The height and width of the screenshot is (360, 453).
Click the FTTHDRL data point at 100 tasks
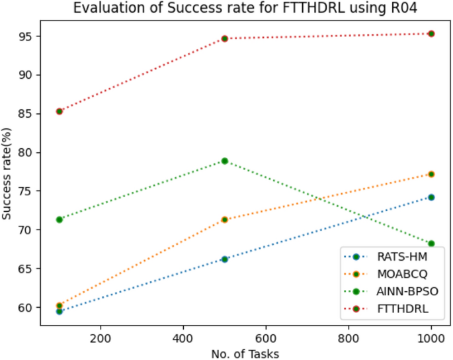(59, 111)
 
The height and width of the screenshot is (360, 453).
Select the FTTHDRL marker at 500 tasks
(225, 38)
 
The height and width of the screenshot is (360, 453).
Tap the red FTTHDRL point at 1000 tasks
(431, 33)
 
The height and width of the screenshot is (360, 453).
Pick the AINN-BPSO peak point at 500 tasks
(225, 161)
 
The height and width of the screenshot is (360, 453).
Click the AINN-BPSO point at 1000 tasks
(431, 244)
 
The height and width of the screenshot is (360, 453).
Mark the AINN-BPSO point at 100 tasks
(59, 219)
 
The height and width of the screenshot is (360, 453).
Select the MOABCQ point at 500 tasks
(225, 219)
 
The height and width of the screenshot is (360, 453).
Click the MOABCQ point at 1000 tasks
(431, 174)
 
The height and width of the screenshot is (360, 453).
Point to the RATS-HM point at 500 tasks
(225, 259)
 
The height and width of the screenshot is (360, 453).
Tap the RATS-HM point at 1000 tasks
(431, 197)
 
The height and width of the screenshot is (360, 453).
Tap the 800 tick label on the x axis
(349, 336)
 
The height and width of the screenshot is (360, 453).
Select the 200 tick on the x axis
(100, 336)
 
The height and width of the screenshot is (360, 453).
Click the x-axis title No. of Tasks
(245, 353)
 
